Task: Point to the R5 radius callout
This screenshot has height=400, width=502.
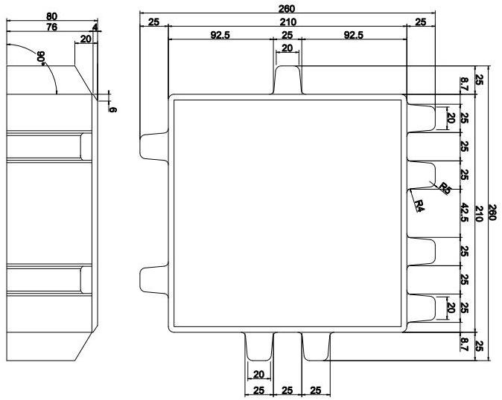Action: [x=445, y=188]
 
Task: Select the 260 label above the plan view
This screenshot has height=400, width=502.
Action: [x=286, y=8]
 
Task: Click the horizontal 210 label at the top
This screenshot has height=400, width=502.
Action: [x=287, y=22]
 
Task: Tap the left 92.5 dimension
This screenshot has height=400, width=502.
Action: [x=220, y=35]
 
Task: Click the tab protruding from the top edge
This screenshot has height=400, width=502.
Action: [x=287, y=79]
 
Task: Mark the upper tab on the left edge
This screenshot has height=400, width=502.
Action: [x=153, y=146]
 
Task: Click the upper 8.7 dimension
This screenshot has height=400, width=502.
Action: [x=466, y=86]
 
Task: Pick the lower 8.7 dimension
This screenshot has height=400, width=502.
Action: [x=466, y=343]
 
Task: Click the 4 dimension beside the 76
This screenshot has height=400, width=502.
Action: [x=95, y=28]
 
